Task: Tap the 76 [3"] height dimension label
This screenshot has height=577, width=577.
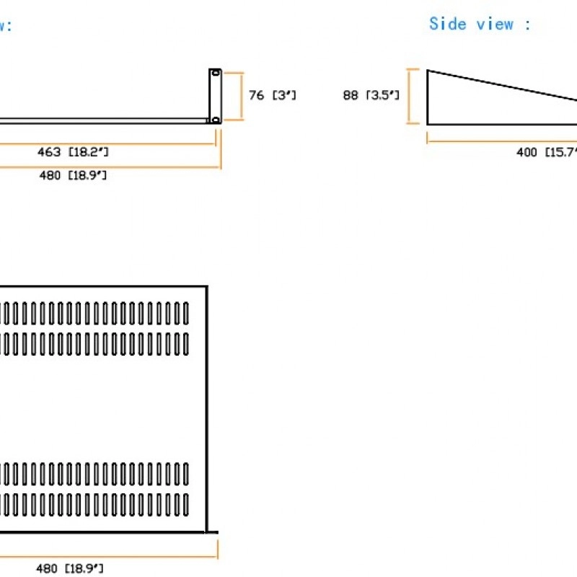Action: click(x=272, y=94)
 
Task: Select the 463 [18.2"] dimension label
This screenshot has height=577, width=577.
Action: click(x=73, y=151)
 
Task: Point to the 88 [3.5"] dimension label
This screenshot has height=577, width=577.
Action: click(x=371, y=94)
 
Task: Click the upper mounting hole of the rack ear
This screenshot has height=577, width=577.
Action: click(x=214, y=74)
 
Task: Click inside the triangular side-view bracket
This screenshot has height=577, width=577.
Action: click(x=462, y=105)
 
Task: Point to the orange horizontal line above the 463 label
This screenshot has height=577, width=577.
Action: click(x=108, y=143)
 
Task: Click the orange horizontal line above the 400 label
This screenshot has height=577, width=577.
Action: click(x=505, y=141)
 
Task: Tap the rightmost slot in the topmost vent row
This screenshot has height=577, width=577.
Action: click(x=186, y=312)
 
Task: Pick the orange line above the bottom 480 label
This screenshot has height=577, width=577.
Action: click(x=108, y=555)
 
